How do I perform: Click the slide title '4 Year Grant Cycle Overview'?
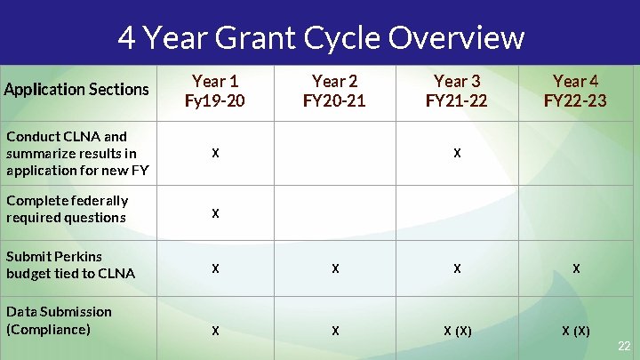point(321,37)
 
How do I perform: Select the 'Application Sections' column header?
point(76,89)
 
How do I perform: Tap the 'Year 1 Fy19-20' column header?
point(214,91)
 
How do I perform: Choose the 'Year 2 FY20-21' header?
point(334,91)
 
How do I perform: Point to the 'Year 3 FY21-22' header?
point(456,91)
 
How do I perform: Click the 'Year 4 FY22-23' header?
point(575,91)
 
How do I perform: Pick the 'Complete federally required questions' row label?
point(68,209)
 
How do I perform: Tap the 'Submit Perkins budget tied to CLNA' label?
point(70,265)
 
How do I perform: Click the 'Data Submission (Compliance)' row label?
point(59,320)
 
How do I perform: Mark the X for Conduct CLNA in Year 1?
point(214,153)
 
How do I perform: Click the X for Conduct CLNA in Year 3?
point(456,153)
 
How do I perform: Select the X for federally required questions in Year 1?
point(214,213)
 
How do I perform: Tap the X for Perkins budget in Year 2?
point(334,268)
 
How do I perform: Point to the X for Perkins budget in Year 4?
point(576,268)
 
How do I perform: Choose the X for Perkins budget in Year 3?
point(456,268)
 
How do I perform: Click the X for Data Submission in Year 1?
point(214,331)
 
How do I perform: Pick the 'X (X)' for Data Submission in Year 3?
point(457,331)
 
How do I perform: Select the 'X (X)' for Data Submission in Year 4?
point(575,331)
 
